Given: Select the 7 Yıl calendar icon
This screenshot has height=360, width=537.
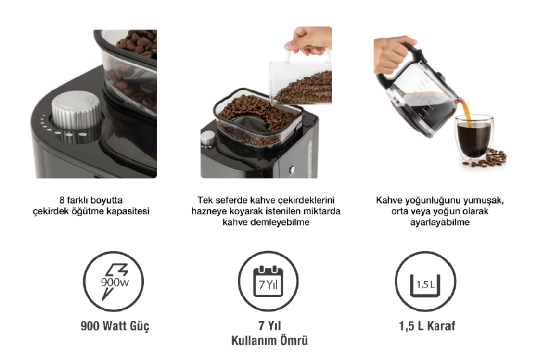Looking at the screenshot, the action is (x=268, y=282).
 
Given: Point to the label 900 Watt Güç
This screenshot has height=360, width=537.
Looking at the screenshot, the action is (x=115, y=326).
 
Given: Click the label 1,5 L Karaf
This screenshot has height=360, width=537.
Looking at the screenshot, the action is (x=427, y=326).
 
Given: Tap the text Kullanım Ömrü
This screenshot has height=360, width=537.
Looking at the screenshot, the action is (x=270, y=340).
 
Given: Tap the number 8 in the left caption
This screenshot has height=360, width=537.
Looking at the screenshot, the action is (x=62, y=200).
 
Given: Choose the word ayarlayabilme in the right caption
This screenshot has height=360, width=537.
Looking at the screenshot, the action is (x=440, y=222).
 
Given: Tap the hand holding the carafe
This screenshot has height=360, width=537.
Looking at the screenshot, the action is (x=394, y=53).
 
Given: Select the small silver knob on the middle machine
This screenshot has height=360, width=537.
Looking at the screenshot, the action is (x=208, y=138).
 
